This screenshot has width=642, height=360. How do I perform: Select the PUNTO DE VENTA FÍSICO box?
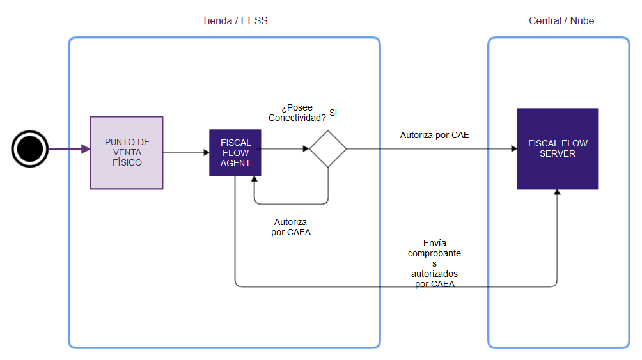click(127, 152)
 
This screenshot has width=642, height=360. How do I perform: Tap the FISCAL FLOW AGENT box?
click(235, 152)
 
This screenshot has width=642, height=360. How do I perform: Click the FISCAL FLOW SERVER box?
click(557, 148)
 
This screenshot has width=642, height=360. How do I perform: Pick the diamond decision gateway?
click(328, 149)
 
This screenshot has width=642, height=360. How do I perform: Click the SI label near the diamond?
click(333, 113)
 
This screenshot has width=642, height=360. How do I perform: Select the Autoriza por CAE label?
click(435, 135)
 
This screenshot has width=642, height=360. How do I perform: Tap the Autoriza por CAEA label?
click(291, 227)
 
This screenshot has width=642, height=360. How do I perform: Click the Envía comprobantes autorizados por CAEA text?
click(435, 263)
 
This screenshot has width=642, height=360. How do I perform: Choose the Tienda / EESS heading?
click(235, 20)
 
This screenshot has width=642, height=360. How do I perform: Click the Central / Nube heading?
click(561, 20)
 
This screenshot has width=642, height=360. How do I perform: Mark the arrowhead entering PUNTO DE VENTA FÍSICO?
click(86, 149)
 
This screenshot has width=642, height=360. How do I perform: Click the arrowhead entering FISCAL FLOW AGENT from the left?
click(206, 152)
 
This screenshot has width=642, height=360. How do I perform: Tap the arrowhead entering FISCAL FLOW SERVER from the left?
click(513, 149)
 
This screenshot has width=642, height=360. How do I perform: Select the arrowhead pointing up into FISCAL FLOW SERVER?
click(558, 193)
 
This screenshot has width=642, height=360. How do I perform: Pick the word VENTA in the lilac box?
click(127, 152)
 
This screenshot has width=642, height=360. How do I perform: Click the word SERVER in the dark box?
click(557, 153)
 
